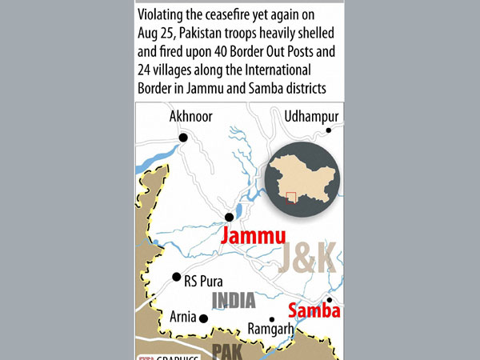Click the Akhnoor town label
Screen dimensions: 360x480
(190, 117)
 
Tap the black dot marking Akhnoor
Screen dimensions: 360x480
(183, 138)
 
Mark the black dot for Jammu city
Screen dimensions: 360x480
(229, 217)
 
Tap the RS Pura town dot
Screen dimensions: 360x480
(176, 278)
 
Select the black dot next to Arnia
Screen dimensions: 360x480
(204, 318)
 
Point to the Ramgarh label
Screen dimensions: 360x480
(271, 328)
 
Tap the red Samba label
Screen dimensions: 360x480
(314, 310)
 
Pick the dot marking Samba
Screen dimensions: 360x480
(329, 300)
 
